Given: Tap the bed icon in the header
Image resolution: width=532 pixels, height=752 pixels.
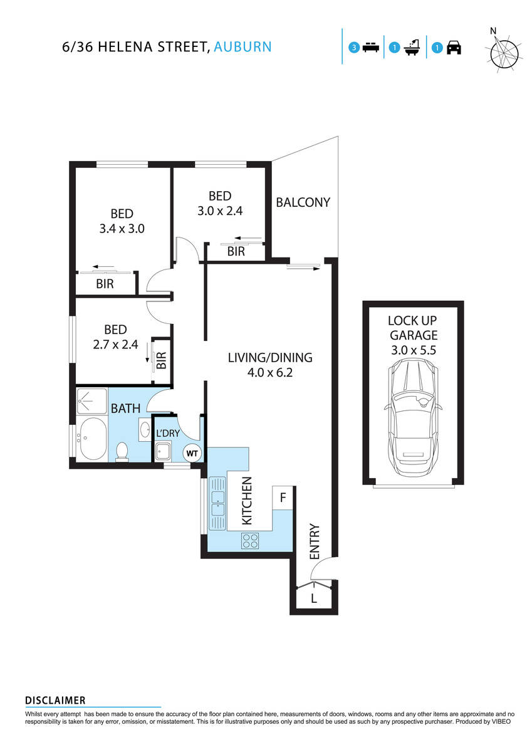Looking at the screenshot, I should click(369, 48).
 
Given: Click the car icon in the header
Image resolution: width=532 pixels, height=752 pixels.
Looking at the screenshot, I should click(454, 48).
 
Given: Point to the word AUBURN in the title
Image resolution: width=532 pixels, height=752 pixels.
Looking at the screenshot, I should click(243, 46).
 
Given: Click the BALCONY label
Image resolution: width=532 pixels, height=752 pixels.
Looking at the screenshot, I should click(303, 202).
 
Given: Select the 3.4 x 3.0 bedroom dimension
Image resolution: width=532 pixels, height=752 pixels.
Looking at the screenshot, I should click(122, 229).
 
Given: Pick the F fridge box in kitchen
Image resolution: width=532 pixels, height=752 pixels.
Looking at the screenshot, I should click(283, 498).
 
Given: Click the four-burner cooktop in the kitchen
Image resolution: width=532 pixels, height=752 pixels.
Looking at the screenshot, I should click(251, 540).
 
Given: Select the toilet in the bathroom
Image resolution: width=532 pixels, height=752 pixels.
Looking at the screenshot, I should click(123, 451).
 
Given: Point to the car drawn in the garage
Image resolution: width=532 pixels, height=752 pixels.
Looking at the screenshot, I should click(412, 417).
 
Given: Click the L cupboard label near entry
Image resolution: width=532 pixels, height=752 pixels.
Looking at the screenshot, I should click(314, 598).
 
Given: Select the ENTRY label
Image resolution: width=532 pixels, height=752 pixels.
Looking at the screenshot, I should click(315, 541).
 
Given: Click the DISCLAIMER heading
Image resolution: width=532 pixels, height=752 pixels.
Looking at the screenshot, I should click(55, 700).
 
